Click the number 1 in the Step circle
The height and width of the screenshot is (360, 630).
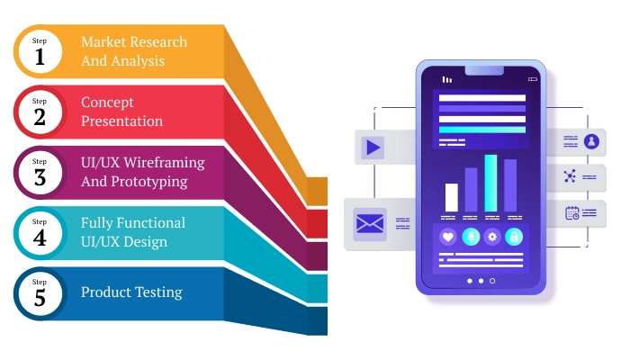39,57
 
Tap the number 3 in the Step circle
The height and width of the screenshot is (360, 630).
39,177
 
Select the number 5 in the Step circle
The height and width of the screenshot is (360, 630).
39,298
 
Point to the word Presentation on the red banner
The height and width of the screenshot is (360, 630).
121,121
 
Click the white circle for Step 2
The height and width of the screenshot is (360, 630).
39,112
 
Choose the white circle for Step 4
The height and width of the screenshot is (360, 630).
39,232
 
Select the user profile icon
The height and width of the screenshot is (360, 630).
591,140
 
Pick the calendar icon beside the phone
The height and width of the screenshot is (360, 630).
571,213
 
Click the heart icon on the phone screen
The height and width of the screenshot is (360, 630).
448,237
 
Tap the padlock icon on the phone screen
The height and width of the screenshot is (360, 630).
514,237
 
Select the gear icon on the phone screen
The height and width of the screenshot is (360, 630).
492,237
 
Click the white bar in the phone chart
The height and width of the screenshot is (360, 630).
451,197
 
